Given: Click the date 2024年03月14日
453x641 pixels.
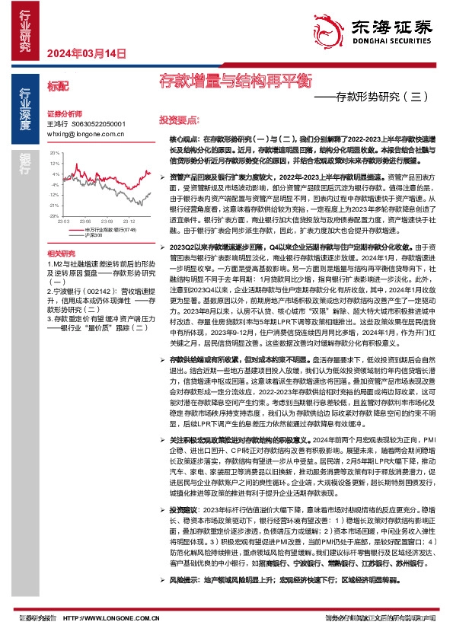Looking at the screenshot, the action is [85, 53].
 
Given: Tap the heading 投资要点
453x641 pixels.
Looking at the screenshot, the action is [178, 120].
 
